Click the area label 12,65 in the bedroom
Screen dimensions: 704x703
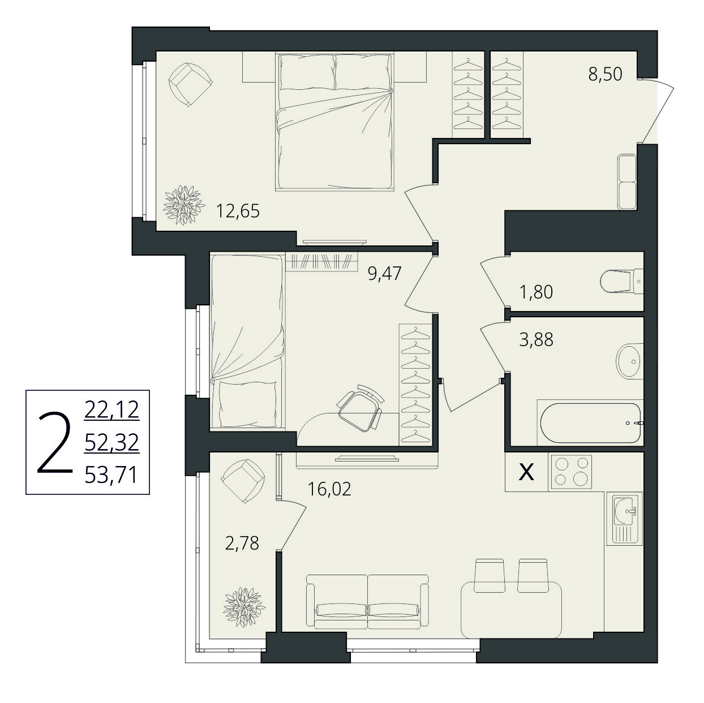click(238, 211)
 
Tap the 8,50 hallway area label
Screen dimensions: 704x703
click(605, 74)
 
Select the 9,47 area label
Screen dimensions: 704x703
click(385, 273)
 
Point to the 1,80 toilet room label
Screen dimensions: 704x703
click(536, 292)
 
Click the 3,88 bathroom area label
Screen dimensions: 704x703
click(536, 340)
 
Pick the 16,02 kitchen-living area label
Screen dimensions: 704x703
click(329, 489)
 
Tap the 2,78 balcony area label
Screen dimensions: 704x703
click(242, 544)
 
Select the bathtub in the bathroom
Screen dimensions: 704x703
click(590, 422)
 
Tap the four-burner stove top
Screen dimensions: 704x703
click(570, 472)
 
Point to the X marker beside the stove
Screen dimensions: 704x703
click(526, 472)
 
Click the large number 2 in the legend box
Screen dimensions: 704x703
click(55, 443)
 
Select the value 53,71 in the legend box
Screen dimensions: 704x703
click(111, 476)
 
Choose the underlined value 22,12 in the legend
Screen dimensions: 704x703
click(111, 409)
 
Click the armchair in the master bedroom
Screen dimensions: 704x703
click(190, 84)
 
